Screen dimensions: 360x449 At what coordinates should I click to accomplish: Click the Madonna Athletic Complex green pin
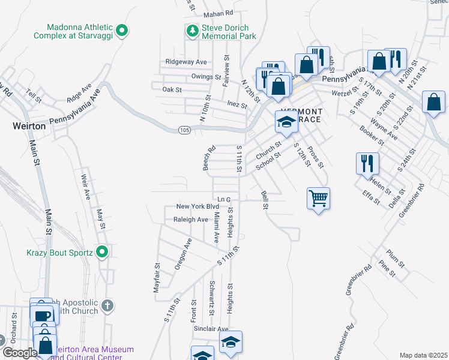[x=122, y=29]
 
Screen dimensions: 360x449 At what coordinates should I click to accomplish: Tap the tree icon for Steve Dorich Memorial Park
[x=192, y=30]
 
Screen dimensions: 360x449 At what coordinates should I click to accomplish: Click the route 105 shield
[x=184, y=130]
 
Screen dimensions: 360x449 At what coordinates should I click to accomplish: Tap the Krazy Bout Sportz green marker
[x=102, y=252]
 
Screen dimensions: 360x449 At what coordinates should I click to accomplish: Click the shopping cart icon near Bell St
[x=318, y=197]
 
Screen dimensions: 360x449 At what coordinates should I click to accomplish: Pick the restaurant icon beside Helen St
[x=367, y=163]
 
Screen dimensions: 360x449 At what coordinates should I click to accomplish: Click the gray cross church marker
[x=107, y=306]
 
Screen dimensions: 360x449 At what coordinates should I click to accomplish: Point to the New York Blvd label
[x=197, y=206]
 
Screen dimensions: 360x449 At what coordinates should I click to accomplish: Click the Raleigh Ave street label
[x=190, y=220]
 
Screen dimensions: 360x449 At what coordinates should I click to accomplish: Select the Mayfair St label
[x=157, y=277]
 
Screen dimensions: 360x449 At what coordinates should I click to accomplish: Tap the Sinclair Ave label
[x=210, y=329]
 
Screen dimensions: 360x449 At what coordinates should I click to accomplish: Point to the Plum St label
[x=396, y=256]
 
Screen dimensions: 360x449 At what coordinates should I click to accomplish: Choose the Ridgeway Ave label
[x=186, y=62]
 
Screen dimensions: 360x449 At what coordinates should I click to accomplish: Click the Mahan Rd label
[x=217, y=13]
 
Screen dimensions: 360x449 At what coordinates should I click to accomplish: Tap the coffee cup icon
[x=41, y=315]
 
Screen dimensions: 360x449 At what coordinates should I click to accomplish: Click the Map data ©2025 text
[x=423, y=355]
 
